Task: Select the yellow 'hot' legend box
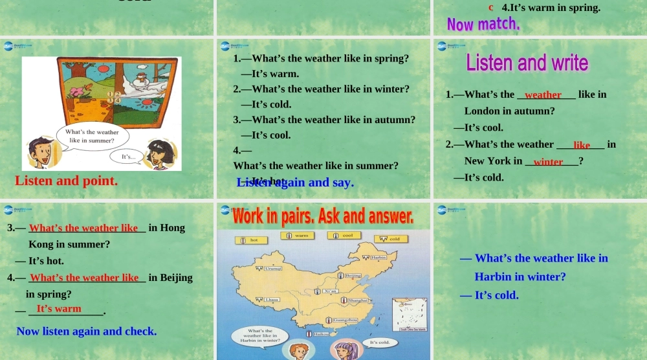coord(250,240)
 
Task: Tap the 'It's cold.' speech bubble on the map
coord(379,342)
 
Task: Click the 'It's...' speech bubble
coord(128,156)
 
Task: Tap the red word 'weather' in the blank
coord(543,95)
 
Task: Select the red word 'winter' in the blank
coord(548,161)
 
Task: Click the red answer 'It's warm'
coord(59,308)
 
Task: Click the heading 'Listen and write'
coord(527,63)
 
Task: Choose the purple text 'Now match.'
coord(483,25)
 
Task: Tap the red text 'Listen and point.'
coord(66,181)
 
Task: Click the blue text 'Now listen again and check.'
coord(87,331)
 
